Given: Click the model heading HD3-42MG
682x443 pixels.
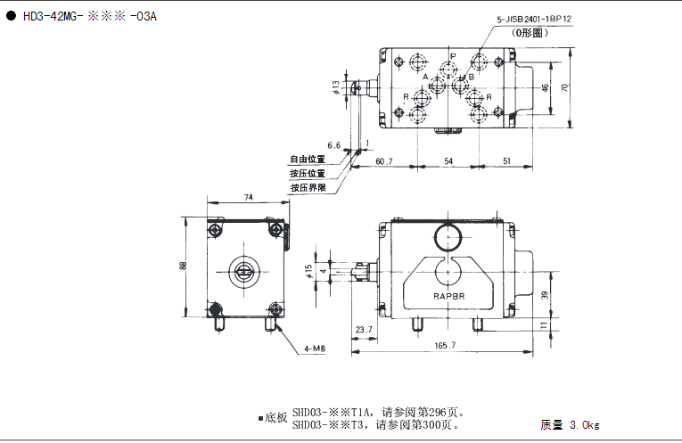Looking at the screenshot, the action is tap(51, 17).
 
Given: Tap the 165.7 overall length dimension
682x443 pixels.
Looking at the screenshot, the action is tap(445, 345).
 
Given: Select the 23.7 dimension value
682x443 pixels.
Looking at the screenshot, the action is tap(364, 330).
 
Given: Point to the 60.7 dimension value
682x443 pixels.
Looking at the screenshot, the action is tap(384, 161).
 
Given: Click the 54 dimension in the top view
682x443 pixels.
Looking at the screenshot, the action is tap(448, 161).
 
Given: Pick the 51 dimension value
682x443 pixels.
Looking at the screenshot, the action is tap(506, 161).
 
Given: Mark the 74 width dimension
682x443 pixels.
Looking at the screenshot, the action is tap(249, 197).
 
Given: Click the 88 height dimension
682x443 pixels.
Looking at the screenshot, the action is tap(183, 266).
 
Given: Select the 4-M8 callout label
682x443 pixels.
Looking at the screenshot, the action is tap(315, 349).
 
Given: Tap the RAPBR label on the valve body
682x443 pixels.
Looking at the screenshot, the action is tap(448, 296).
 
